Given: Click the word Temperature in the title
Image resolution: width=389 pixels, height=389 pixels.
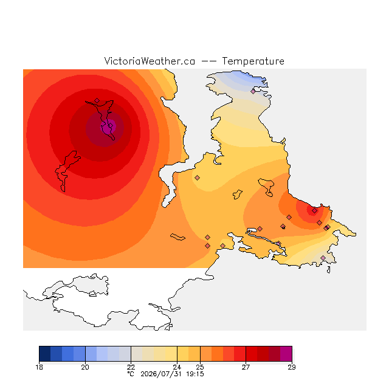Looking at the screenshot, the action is tap(253, 61).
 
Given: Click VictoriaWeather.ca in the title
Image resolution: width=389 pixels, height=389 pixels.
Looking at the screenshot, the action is tap(150, 61).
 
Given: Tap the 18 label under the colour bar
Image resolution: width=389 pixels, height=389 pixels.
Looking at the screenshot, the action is tap(39, 367).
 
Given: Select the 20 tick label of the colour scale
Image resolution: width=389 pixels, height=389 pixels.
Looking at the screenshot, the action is tap(85, 367).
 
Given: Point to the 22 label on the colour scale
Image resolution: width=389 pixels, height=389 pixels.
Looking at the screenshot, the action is tap(131, 367).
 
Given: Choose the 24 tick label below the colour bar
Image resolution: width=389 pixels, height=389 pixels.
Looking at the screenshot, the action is tap(177, 367).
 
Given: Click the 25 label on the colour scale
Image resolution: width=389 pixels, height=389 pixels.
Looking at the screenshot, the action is tap(200, 367).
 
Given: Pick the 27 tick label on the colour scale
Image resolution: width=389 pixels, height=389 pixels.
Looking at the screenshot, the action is tap(246, 367).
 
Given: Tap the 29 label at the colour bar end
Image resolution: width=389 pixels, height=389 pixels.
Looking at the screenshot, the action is tap(292, 367).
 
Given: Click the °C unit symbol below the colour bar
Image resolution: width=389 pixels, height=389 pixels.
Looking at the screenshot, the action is tap(131, 374).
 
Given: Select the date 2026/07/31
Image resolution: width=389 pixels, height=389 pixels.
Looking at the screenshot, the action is tap(161, 374).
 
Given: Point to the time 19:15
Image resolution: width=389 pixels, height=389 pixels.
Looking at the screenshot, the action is tap(195, 374).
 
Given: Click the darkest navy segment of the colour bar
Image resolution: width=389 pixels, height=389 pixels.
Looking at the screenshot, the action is tap(45, 354).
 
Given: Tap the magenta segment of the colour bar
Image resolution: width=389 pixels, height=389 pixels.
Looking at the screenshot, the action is tap(286, 354).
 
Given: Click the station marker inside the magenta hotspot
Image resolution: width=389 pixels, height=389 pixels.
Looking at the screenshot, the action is tap(111, 126).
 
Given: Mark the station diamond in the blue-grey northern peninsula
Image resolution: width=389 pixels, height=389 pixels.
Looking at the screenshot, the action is tap(253, 92).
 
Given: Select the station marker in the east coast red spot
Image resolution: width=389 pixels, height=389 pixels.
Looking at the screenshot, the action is tap(315, 211).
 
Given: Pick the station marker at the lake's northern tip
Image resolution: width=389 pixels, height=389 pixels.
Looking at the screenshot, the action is tap(97, 100).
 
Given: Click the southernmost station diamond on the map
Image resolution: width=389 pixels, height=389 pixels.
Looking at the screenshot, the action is tap(323, 258).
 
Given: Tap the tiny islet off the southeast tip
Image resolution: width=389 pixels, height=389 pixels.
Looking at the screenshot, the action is tap(329, 270).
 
